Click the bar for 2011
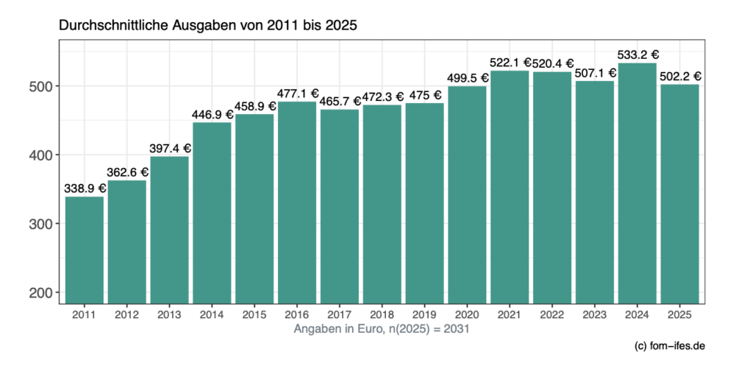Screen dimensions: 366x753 click(x=84, y=250)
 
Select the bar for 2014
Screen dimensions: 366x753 click(x=212, y=213)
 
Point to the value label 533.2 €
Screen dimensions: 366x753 click(x=638, y=54)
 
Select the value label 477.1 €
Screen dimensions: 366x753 click(x=298, y=94)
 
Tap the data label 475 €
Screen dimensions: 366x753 click(x=425, y=95)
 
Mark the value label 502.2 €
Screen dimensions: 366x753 click(x=680, y=76)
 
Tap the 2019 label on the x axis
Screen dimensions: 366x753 click(x=425, y=315)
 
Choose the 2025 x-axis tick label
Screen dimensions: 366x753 click(x=680, y=315)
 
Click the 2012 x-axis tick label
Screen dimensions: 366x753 click(x=126, y=315)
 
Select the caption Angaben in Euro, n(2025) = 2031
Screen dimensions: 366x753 click(x=381, y=329)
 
